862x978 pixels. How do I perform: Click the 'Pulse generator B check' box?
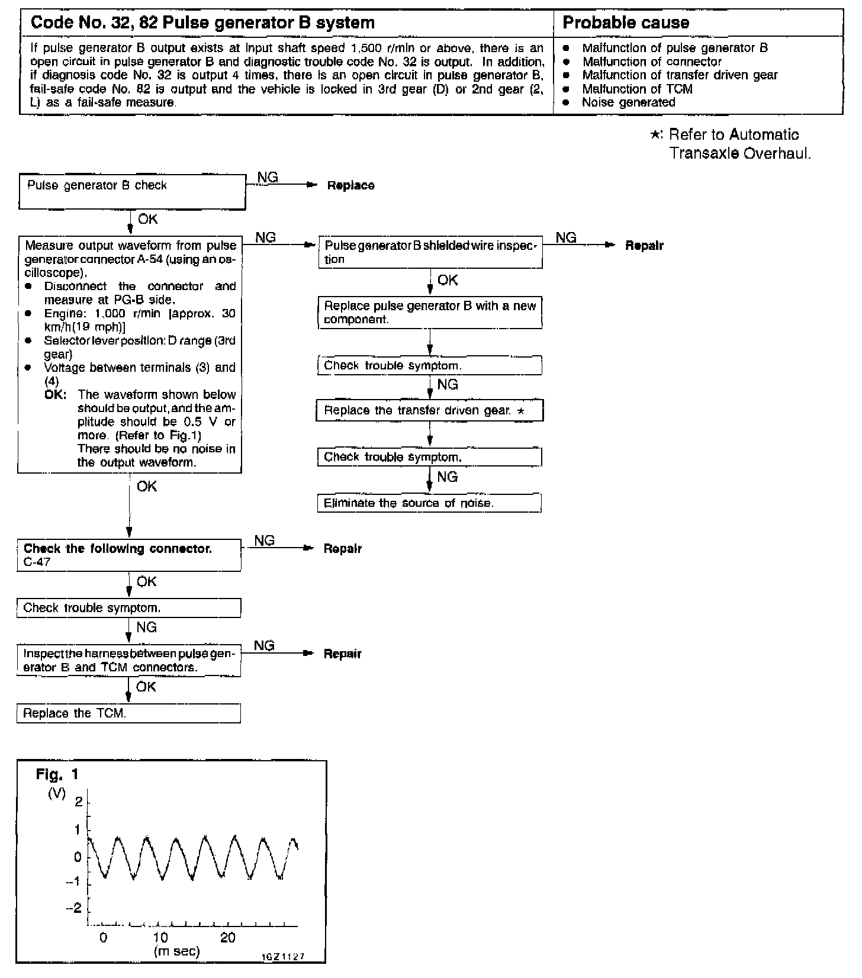131,191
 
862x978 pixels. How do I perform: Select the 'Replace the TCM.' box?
128,713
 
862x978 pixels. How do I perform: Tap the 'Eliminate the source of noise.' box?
429,503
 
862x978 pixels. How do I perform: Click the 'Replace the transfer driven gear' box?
429,410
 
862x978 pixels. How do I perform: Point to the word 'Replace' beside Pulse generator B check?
350,186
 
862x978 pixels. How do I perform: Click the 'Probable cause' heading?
626,23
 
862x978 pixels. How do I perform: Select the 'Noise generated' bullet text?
628,102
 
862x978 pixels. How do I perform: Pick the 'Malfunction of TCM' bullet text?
637,89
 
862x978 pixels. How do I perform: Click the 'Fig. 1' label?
57,774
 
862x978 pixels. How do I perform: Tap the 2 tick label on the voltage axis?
78,802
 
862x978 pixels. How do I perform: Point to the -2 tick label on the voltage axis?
75,908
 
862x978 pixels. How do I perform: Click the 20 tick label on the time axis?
227,938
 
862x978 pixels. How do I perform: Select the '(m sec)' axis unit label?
176,951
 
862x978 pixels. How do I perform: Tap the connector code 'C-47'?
37,562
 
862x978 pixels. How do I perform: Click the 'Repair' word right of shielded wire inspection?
644,246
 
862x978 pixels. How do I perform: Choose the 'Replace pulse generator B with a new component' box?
429,313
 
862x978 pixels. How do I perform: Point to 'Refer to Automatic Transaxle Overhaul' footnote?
734,144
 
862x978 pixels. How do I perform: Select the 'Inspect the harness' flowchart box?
128,661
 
